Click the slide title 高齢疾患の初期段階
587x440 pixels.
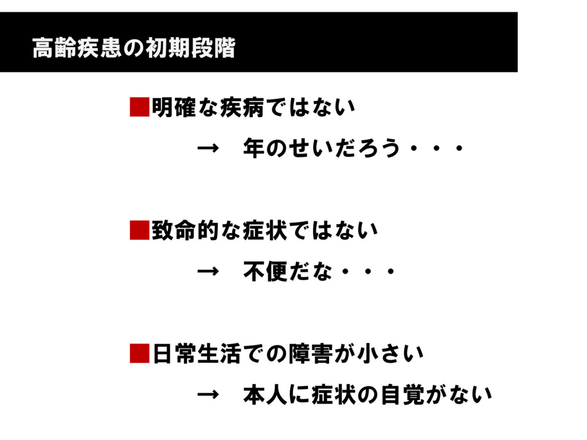pos(134,49)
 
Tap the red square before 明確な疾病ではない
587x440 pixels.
pos(139,107)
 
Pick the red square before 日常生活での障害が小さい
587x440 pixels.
pos(139,354)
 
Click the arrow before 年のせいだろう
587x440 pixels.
pos(208,150)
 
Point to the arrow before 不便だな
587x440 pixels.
pos(208,272)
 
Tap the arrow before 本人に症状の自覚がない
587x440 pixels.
pos(208,395)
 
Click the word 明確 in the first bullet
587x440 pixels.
pos(174,107)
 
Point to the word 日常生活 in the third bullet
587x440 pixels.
pos(196,354)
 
